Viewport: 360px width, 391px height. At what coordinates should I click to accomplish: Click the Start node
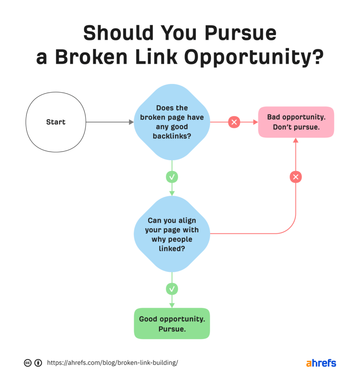coord(56,122)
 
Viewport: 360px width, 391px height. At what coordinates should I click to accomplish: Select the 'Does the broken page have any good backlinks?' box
coord(172,122)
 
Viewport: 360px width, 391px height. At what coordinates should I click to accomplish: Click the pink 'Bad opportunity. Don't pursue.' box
coord(296,122)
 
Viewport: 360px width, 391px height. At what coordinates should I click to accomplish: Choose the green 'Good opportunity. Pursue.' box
coord(172,323)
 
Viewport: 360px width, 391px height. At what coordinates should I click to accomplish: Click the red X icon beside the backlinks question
coord(234,122)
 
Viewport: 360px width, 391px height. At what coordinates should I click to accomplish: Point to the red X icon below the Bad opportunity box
coord(296,177)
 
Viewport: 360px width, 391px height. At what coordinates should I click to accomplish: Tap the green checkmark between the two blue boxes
coord(172,177)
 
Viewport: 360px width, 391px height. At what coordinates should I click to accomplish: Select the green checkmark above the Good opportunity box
coord(172,289)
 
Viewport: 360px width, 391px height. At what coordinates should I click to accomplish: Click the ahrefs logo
coord(321,363)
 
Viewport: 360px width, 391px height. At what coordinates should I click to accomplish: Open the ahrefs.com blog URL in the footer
coord(113,363)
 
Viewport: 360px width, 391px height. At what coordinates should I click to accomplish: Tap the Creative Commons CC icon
coord(27,363)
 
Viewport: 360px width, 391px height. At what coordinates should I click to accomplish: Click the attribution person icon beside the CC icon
coord(38,363)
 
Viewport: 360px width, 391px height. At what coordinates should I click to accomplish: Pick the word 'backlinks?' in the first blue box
coord(172,136)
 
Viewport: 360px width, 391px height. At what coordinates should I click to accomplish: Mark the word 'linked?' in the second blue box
coord(172,248)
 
